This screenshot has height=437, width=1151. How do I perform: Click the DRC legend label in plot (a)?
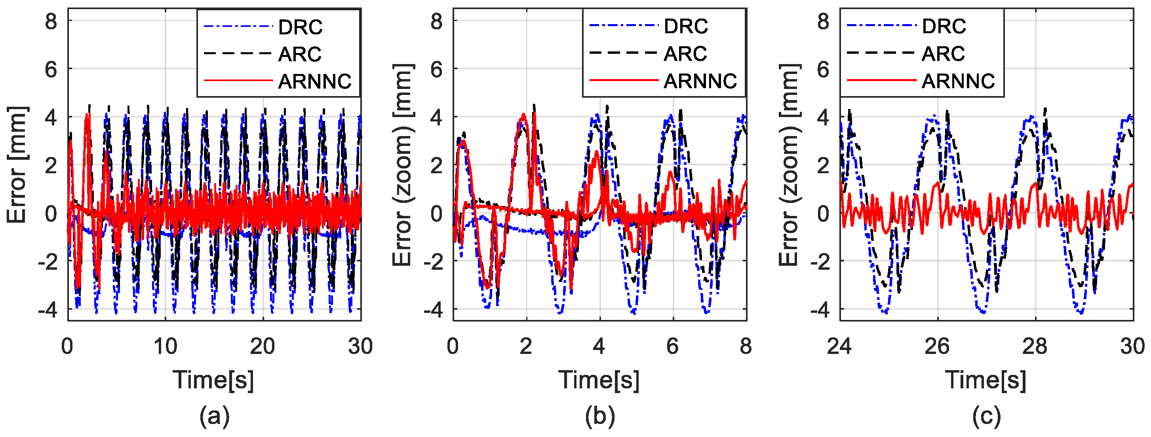click(300, 27)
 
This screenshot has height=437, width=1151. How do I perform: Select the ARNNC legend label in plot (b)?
click(700, 81)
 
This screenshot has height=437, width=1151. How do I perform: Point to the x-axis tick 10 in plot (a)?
click(166, 346)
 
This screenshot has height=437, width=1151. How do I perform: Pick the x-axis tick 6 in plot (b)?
click(672, 346)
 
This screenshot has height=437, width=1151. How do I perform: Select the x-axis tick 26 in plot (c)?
click(936, 346)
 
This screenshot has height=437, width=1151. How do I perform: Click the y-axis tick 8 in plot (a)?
click(51, 21)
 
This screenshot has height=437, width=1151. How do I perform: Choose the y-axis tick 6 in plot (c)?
click(823, 69)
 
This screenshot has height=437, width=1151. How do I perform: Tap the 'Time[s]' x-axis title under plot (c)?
click(985, 380)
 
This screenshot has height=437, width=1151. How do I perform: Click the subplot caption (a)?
click(215, 416)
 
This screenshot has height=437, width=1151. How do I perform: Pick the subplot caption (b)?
click(599, 416)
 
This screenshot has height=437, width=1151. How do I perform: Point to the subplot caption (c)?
click(986, 416)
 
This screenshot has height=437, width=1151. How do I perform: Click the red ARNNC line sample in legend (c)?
click(881, 80)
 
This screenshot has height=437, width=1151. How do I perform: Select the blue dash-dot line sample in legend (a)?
click(238, 27)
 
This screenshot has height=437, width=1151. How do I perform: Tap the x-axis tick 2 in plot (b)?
click(525, 346)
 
